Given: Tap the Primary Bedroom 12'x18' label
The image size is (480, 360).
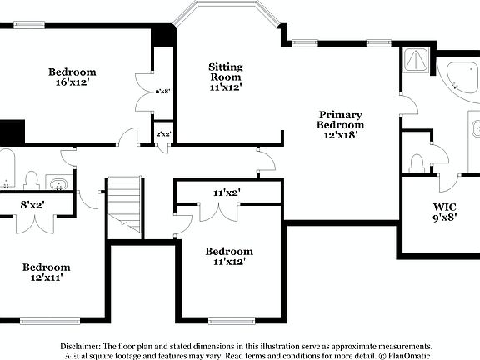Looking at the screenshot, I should pos(340,124).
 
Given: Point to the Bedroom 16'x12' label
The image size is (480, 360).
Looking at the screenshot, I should pos(72,77).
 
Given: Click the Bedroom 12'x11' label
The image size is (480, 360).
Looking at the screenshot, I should pos(47,272).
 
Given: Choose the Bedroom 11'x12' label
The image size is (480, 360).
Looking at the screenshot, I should pos(229,257).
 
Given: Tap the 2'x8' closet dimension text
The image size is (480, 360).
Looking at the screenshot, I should pos(163,92).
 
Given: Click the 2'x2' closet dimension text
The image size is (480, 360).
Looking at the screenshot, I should pos(163,134).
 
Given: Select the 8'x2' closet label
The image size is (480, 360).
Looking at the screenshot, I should pos(32,204).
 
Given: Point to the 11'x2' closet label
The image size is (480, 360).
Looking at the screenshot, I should pos(226,192).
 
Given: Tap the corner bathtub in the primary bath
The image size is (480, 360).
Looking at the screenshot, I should pos(459,79).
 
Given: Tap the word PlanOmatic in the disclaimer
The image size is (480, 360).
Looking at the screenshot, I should pos(408,355).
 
